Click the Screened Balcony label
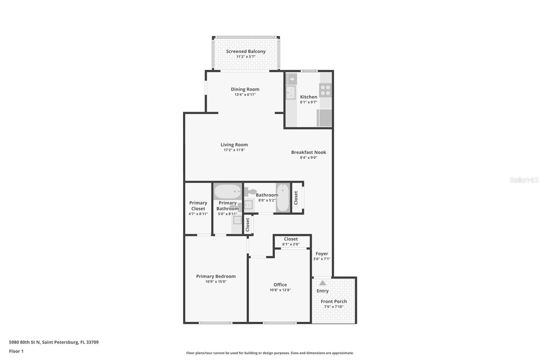[246, 51]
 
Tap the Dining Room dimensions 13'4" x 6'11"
[245, 95]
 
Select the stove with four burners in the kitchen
[326, 90]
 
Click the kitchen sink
[291, 92]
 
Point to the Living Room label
[234, 145]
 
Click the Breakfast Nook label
[308, 152]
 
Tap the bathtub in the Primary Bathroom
[227, 191]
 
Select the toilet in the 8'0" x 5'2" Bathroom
[250, 192]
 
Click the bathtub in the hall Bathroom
[282, 198]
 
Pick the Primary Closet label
[198, 206]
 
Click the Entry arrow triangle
[323, 283]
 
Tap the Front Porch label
[333, 301]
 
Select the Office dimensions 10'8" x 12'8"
[280, 290]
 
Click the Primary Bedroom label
[216, 276]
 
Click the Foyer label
[322, 254]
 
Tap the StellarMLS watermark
[524, 180]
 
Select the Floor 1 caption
[16, 351]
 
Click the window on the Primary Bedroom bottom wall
[215, 323]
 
